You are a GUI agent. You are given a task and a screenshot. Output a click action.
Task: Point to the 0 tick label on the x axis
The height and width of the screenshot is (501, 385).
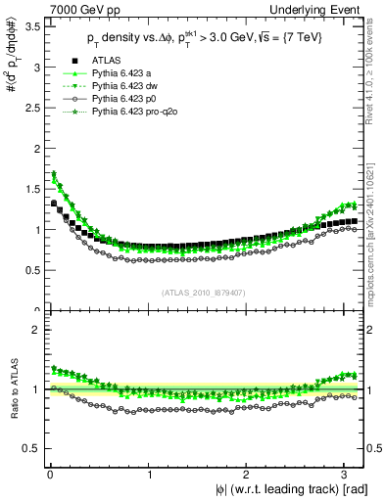49,476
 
